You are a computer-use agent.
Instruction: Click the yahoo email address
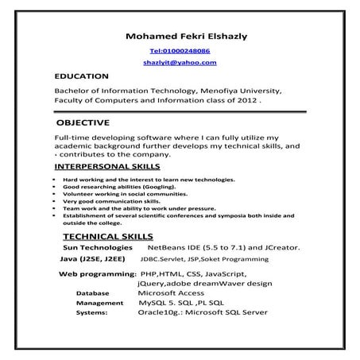coord(180,62)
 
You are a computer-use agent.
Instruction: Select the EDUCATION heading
coord(81,76)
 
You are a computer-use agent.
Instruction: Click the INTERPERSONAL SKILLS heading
coord(106,168)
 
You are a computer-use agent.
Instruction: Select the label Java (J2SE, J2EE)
coord(92,259)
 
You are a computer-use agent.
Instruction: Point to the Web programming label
coord(96,273)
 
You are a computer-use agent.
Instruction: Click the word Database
coord(93,293)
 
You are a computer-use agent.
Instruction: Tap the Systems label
coord(92,312)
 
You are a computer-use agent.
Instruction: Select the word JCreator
coord(280,248)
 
